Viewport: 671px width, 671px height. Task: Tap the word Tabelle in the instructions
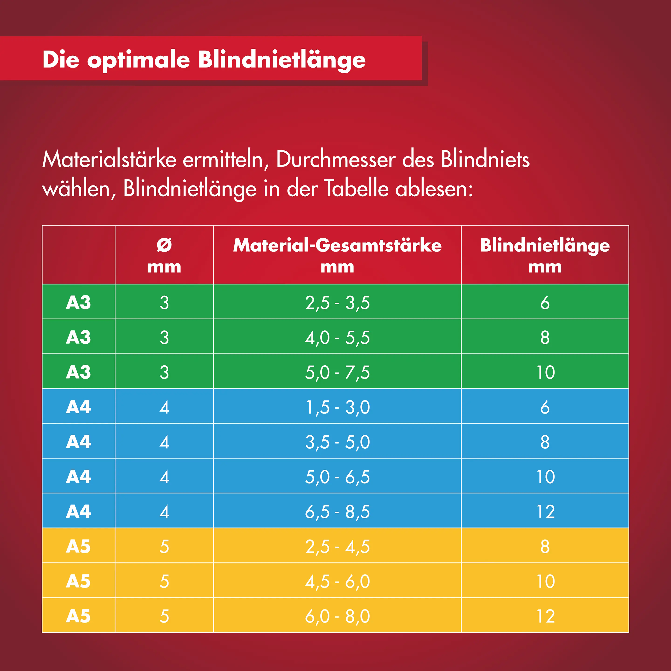(x=356, y=189)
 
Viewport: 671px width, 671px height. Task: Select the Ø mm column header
(x=164, y=255)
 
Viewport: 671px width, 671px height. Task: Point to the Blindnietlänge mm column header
(x=545, y=255)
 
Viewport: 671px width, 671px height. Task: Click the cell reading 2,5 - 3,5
(x=337, y=302)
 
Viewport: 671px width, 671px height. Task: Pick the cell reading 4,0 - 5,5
(x=337, y=337)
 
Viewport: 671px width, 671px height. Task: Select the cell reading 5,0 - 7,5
(x=337, y=372)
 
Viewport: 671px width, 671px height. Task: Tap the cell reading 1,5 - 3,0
(x=337, y=407)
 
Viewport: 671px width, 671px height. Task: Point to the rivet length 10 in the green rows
(x=545, y=372)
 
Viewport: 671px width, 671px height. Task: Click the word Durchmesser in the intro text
(x=336, y=160)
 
